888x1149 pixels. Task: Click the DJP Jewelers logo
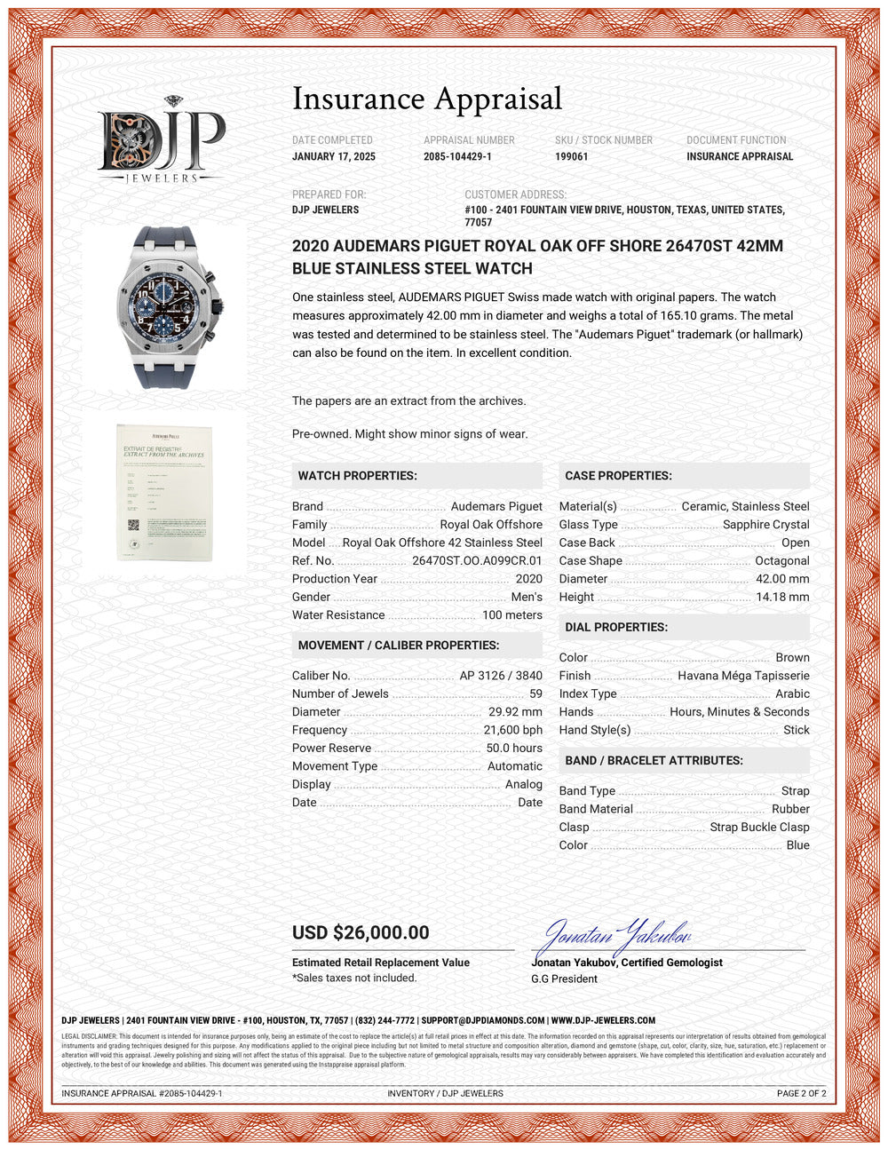[161, 140]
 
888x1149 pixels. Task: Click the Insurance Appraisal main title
[427, 99]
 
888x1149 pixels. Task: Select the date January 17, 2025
[334, 156]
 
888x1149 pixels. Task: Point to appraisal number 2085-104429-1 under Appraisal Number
[457, 156]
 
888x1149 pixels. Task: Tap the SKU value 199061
[572, 156]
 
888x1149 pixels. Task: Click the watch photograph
[164, 307]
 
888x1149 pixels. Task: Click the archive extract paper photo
[164, 492]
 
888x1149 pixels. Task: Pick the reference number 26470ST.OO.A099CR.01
[477, 560]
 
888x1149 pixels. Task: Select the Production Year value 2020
[528, 579]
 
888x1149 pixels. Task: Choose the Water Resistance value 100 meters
[511, 615]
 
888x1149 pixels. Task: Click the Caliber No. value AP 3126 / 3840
[501, 676]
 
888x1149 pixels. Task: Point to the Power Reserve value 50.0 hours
[514, 748]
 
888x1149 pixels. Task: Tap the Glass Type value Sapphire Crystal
[765, 525]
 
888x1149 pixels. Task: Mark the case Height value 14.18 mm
[782, 597]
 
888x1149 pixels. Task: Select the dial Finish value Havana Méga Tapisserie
[743, 676]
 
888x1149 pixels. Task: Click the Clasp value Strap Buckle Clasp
[759, 827]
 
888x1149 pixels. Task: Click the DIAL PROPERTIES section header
[616, 627]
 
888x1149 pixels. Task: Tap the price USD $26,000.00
[361, 932]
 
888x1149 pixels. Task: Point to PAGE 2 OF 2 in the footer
[801, 1093]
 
